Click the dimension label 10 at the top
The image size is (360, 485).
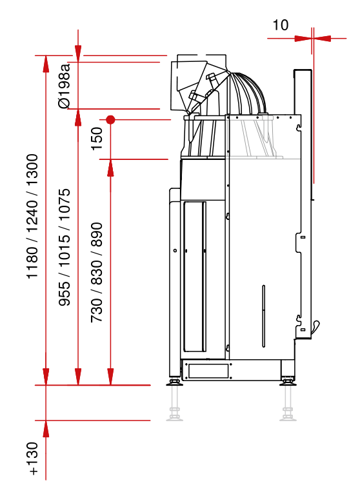(280, 25)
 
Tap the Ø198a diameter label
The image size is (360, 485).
(65, 86)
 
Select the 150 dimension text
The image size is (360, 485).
(97, 139)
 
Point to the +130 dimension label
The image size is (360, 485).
(32, 459)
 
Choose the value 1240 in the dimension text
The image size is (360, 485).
(32, 217)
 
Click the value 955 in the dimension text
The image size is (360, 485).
(65, 293)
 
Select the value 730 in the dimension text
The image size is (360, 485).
(97, 310)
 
